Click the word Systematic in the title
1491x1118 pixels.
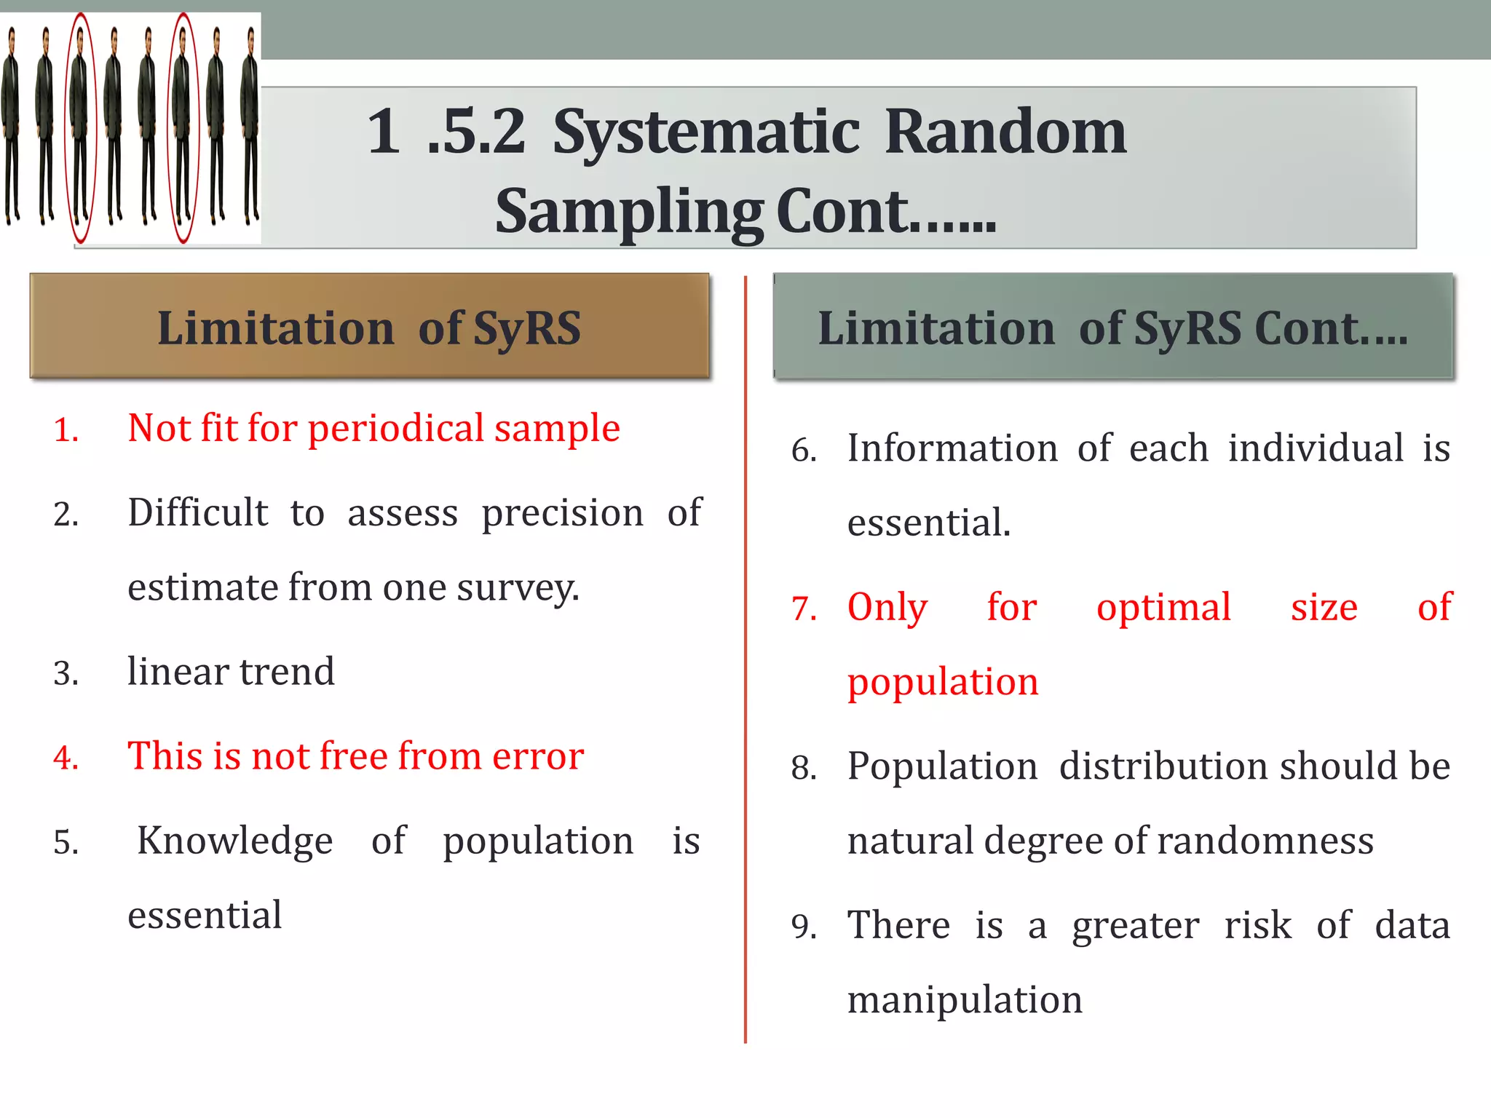coord(706,132)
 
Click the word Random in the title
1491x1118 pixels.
coord(1005,132)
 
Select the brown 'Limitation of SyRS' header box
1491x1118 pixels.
coord(369,326)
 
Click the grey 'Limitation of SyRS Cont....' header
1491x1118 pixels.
coord(1112,326)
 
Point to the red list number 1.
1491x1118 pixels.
coord(66,430)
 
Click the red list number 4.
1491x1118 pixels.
coord(66,758)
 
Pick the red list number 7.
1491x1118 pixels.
coord(804,608)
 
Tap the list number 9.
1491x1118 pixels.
coord(804,927)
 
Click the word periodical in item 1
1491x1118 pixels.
coord(396,429)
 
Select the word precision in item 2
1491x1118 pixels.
coord(562,512)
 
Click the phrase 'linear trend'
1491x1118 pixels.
coord(231,671)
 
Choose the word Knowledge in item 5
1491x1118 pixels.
coord(235,841)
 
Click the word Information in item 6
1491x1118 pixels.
coord(952,448)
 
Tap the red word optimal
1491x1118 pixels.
coord(1163,607)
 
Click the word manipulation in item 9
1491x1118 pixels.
coord(965,999)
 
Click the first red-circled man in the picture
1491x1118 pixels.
coord(80,127)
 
